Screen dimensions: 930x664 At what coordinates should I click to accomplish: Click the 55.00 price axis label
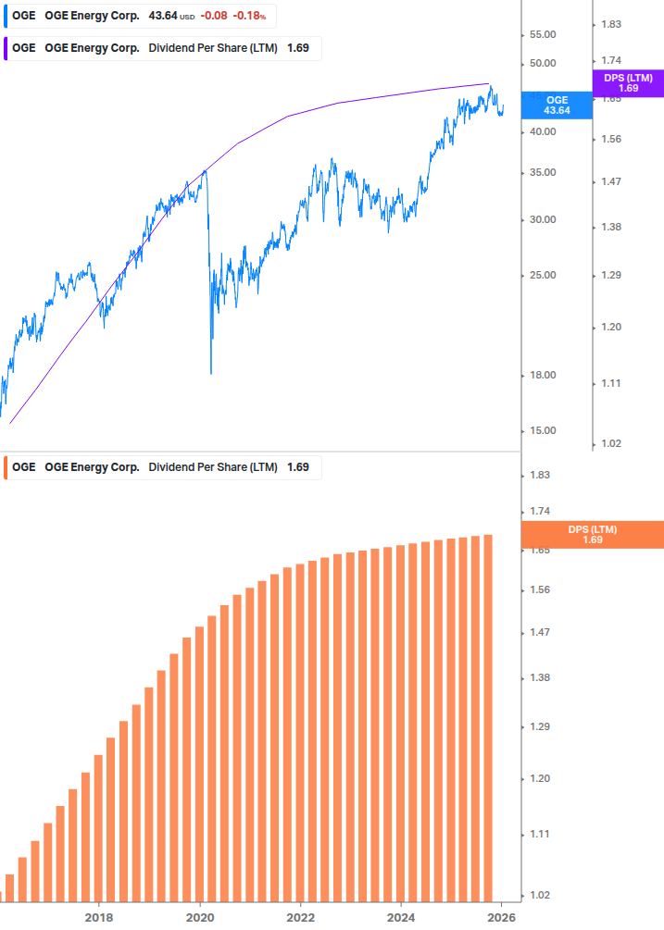tap(542, 34)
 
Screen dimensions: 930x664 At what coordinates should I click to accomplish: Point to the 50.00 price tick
tap(542, 64)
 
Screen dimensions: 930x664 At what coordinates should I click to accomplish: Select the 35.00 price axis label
tap(542, 173)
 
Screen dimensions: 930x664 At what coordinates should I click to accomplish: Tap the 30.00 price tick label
tap(542, 220)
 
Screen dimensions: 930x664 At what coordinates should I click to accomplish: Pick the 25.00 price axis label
tap(542, 276)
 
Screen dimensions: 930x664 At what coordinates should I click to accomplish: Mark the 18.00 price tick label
tap(542, 376)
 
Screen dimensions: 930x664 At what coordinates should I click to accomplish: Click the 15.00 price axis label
tap(542, 431)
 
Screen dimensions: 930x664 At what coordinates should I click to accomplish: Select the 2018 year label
tap(99, 917)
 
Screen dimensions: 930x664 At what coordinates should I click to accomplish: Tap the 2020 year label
tap(200, 917)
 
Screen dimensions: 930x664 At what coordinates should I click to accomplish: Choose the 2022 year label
tap(300, 917)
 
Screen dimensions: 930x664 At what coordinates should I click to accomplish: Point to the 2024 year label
tap(401, 917)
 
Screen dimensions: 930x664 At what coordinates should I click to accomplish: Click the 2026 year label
tap(501, 917)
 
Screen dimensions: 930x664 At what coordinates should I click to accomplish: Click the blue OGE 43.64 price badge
tap(557, 105)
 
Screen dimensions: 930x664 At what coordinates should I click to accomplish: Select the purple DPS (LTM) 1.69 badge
tap(628, 83)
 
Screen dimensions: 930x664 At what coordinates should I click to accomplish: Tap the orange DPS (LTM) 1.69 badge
tap(593, 534)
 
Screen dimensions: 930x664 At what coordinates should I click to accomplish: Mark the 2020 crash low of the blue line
tap(211, 373)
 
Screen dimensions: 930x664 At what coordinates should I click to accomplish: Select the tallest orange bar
tap(487, 717)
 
